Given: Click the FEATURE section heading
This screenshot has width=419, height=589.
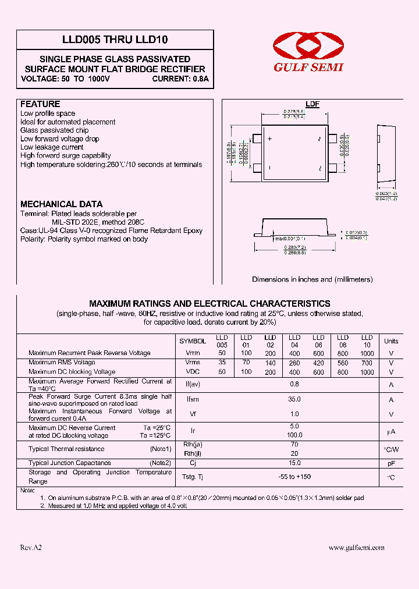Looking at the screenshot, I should pos(40,104).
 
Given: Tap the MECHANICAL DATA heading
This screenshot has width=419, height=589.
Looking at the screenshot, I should pos(62,204).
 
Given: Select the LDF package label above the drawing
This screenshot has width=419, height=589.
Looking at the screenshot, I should pos(313,104).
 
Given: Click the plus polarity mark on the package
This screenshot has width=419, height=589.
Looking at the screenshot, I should pos(270,140).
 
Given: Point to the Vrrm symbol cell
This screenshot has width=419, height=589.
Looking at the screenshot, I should pos(193,353).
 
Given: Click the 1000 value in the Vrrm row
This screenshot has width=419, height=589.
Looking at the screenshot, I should pos(367,353).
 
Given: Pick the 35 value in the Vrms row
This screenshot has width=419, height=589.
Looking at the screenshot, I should pos(222,363).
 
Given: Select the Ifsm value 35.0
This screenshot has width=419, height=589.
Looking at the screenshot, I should pos(294,399).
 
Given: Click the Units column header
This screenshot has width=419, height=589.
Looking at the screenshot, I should pos(391,341).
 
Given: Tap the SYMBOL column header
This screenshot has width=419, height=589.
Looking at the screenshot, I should pos(193,341).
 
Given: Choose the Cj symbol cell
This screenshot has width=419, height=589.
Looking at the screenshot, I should pos(193,463).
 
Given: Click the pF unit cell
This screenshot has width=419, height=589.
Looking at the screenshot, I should pos(391,463).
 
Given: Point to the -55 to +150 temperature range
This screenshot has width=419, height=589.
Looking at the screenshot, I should pos(294,477).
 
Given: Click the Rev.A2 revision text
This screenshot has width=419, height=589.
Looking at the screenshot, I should pos(31,548).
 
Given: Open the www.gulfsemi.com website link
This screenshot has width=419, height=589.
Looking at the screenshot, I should pos(356,548).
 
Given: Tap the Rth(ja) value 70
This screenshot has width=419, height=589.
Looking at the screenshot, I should pos(294,445).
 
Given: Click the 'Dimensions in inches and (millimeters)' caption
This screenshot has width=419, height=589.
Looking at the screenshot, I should pos(312,279).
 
